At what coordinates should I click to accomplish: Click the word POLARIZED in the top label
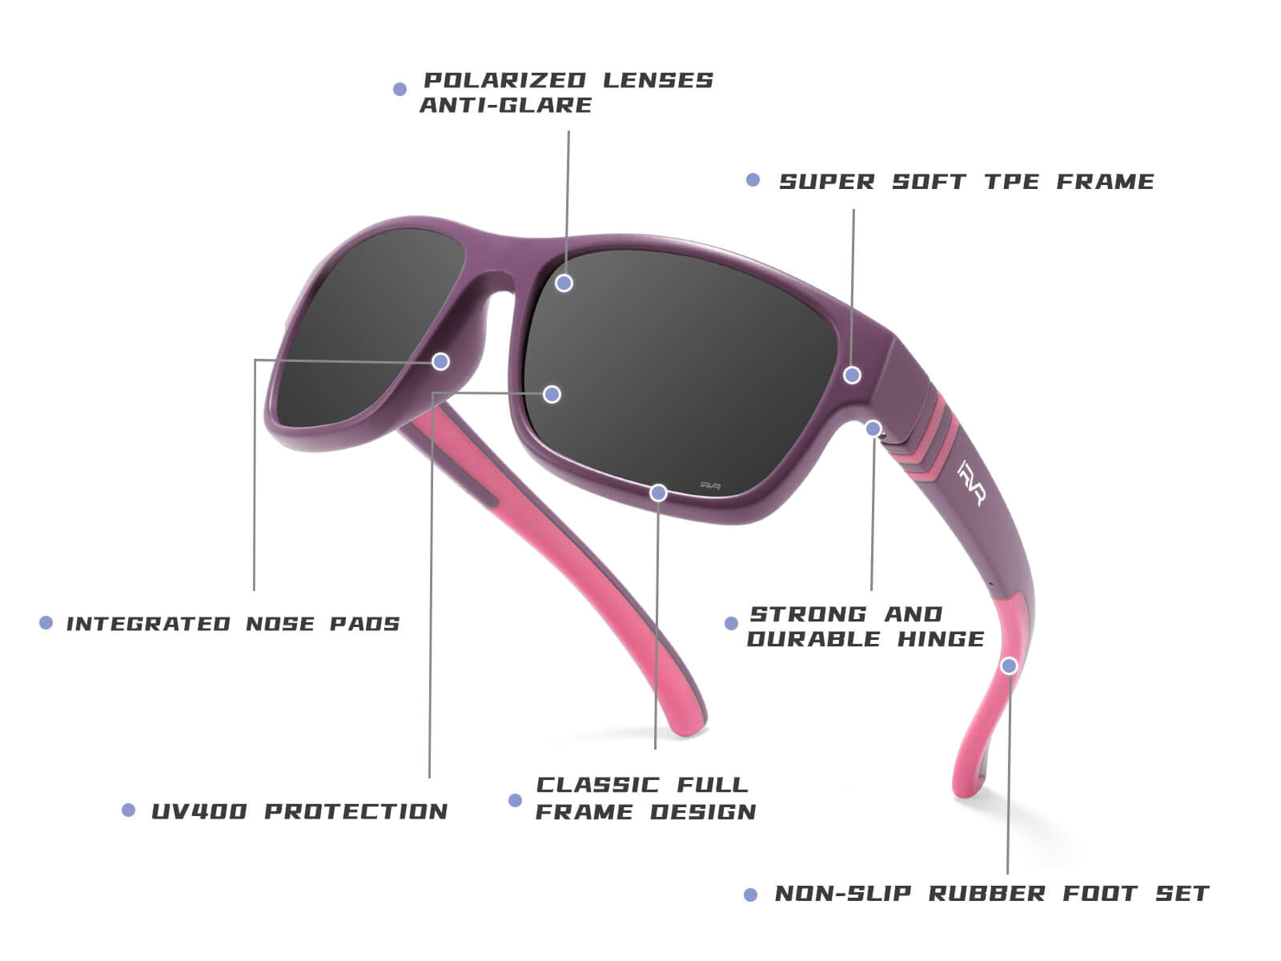504,80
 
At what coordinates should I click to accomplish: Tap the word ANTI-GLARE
505,105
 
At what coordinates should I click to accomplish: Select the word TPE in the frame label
1012,182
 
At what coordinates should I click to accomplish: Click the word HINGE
941,639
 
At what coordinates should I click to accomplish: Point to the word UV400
199,811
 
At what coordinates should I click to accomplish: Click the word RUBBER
987,893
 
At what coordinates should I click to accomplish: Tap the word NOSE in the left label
281,623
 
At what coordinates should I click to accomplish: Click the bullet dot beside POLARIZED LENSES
400,89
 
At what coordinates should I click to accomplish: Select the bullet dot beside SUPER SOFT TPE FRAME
753,179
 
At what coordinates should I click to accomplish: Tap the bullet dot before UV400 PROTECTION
128,810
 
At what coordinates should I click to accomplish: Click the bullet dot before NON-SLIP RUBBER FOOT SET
750,895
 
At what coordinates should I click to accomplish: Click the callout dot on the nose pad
440,361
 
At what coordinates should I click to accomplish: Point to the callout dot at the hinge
873,429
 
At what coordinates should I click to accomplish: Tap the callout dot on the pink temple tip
1009,665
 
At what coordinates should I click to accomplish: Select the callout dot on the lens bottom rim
658,493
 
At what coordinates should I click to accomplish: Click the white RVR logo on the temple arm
972,483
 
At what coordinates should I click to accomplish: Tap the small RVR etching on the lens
710,485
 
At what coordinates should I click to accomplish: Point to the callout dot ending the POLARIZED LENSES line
564,283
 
